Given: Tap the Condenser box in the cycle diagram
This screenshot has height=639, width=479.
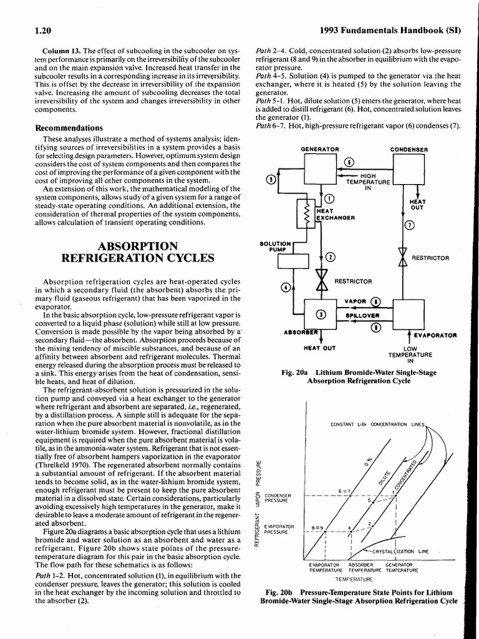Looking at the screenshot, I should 409,172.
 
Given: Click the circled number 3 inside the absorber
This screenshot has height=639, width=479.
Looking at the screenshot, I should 321,313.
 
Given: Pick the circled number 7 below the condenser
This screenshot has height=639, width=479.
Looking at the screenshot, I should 409,226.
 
